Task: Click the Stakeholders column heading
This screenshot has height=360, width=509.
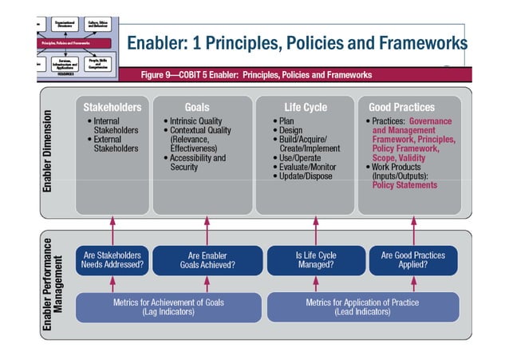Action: coord(112,107)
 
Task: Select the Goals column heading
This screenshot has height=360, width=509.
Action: coord(197,107)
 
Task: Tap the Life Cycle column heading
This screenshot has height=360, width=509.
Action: coord(305,107)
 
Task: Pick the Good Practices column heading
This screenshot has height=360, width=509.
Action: coord(401,107)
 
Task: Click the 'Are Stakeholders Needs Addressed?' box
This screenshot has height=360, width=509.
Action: coord(112,260)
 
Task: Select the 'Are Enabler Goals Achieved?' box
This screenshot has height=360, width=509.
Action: coord(207,260)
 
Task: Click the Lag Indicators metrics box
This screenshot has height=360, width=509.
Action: coord(168,307)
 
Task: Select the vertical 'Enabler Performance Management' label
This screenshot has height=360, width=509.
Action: coord(53,285)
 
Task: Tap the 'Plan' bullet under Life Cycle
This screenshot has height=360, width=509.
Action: coord(286,121)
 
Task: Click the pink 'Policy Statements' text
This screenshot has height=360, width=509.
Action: coord(404,185)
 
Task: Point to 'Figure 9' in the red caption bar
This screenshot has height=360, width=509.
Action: coord(160,75)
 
